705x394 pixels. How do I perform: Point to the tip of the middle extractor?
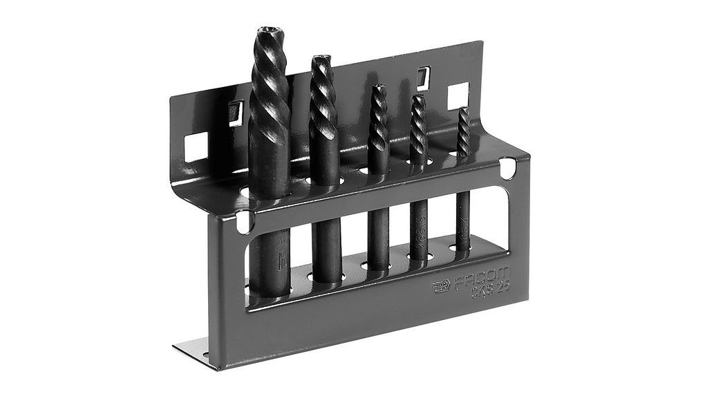377,88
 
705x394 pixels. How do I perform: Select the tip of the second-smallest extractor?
418,98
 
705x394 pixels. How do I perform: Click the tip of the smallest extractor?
463,110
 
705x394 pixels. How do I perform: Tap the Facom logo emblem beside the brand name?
442,286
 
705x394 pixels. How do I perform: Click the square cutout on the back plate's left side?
196,146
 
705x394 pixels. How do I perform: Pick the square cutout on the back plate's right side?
458,96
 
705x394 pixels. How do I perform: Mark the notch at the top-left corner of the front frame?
243,221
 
